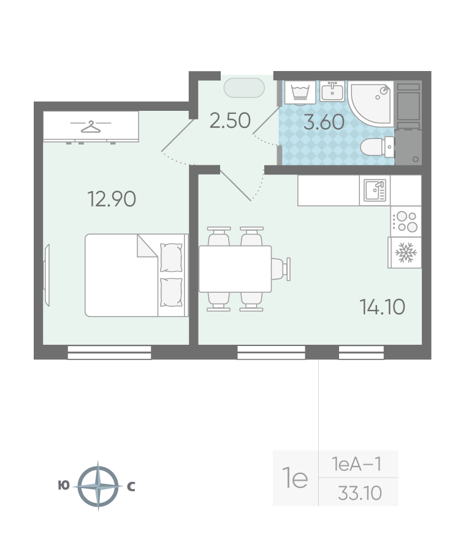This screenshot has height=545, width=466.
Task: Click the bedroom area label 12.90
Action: point(112,199)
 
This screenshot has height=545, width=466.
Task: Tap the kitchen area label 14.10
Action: point(382,307)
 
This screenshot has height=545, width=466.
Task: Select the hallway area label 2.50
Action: point(230,121)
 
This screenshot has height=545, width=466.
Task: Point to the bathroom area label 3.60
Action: point(324,122)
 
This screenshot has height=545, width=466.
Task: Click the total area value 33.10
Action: point(360,493)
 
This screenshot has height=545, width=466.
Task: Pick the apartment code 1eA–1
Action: point(357,464)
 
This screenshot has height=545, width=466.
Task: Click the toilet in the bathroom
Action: point(377,147)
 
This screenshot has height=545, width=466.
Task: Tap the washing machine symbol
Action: point(300,92)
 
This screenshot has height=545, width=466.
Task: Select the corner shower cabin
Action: point(370,103)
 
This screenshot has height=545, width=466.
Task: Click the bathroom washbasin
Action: point(332,91)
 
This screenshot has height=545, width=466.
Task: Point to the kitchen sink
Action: point(375,190)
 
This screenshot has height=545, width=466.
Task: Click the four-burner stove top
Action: point(406,222)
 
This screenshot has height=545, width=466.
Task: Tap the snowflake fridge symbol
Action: point(405,253)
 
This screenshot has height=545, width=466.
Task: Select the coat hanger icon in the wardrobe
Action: point(91,127)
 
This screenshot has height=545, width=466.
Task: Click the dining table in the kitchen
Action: point(235,269)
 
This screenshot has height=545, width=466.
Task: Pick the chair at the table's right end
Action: point(281,269)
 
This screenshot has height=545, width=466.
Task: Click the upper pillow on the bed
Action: point(171,258)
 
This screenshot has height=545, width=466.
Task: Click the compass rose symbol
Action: point(98,486)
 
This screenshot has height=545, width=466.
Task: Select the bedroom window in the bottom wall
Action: point(109,352)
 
